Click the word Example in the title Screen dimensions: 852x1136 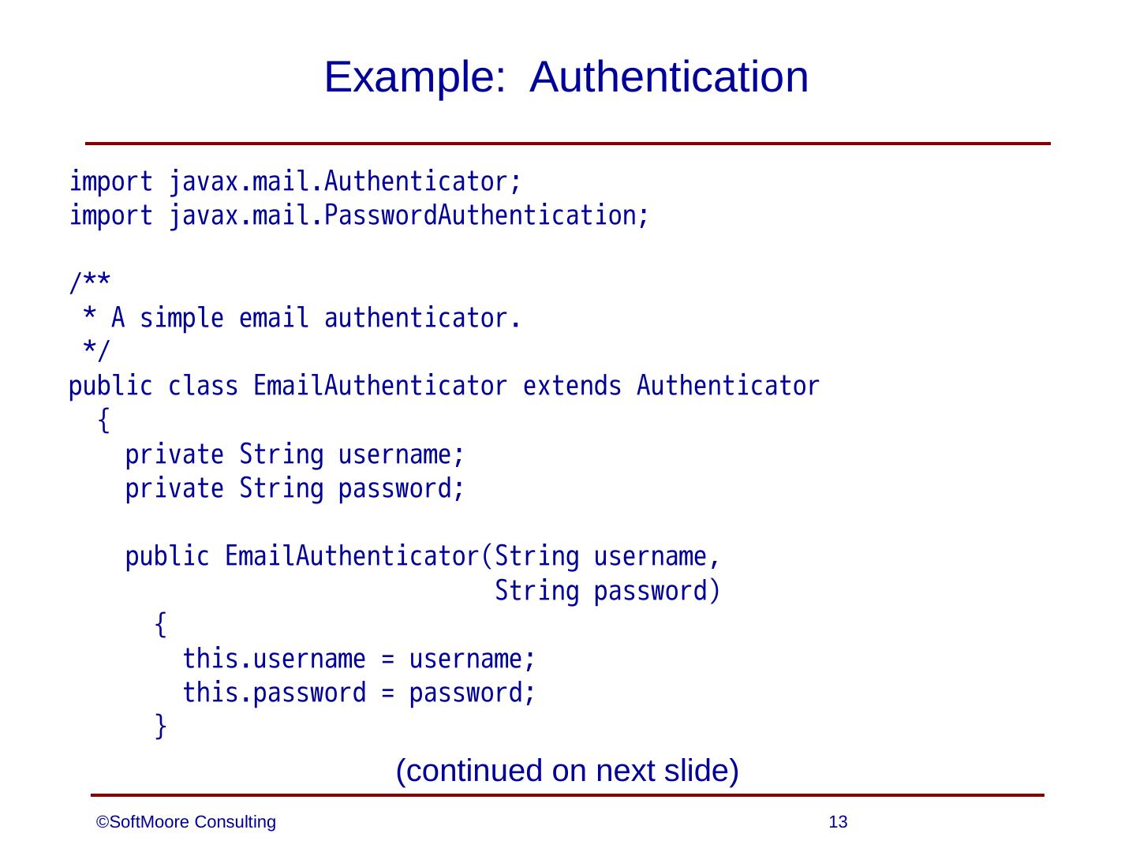[x=413, y=78]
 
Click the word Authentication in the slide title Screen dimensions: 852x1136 [x=669, y=78]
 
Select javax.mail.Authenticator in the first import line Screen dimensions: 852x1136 [x=345, y=182]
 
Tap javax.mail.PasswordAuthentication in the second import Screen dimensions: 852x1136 [x=409, y=215]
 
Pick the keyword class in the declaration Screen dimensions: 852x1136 [x=202, y=387]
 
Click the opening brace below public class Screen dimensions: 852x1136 [x=103, y=421]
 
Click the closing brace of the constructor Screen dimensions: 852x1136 [x=160, y=726]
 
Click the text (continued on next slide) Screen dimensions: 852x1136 [x=567, y=771]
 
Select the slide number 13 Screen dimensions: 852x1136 [x=839, y=823]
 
